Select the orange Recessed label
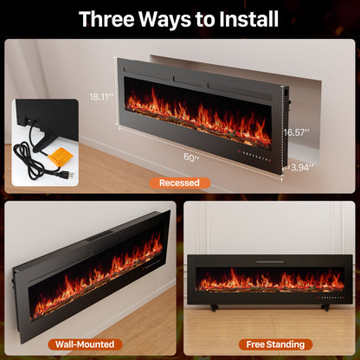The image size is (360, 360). (179, 183)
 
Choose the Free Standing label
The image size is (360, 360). (273, 343)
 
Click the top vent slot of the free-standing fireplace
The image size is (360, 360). (271, 260)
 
